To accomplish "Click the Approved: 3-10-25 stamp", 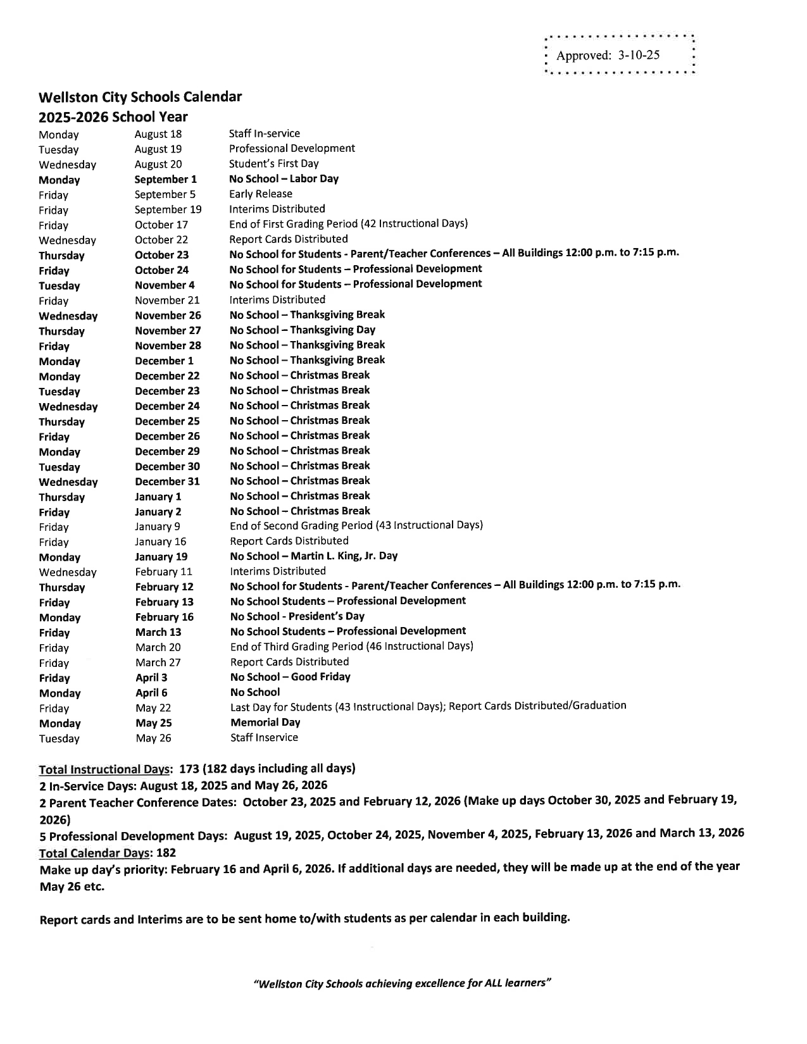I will coord(608,55).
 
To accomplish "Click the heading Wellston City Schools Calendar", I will coord(140,97).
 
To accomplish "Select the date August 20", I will coord(158,165).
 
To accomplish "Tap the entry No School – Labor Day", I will coord(284,179).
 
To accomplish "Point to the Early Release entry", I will coord(261,194).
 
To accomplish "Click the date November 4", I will coord(165,285).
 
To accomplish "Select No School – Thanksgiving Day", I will coord(302,330).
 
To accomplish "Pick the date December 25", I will coord(167,421).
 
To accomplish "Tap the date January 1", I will coord(158,497).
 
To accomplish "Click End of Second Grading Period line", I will coord(356,525).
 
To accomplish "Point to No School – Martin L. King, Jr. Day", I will coord(313,556).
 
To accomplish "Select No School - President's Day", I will coord(297,616).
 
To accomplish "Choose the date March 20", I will coord(158,647).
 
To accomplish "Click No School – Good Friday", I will coord(289,677).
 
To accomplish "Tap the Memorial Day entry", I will coord(265,723).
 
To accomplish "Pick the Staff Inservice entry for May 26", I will coord(264,738).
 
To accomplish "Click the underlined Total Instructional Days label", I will coord(104,769).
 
